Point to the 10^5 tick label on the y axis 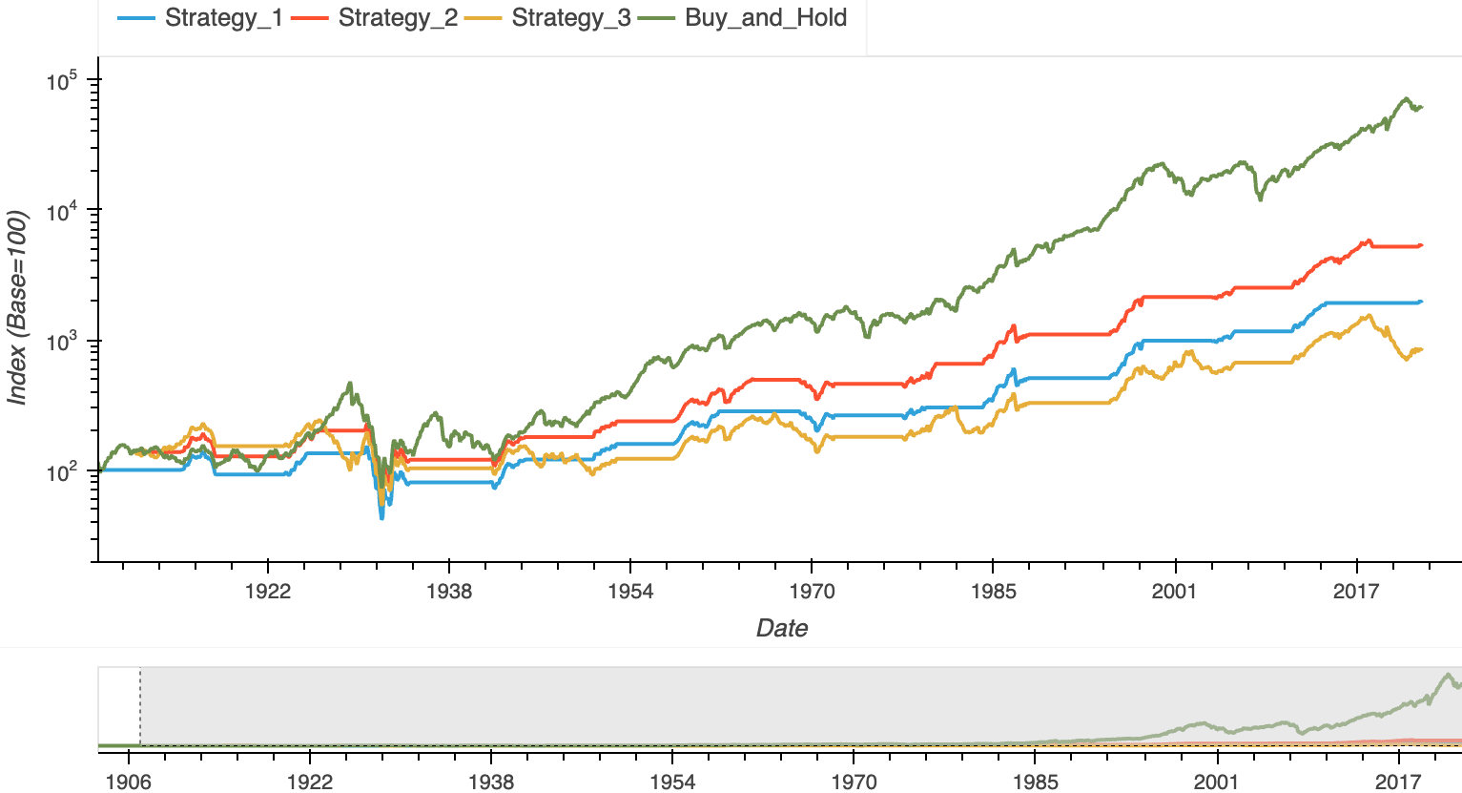click(x=61, y=81)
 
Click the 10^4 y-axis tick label click(x=61, y=211)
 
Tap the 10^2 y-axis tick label click(x=61, y=472)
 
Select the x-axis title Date click(x=782, y=628)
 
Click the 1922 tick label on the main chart click(x=267, y=592)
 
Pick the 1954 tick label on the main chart click(x=630, y=592)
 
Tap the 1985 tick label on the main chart click(x=993, y=592)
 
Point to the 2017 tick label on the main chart click(x=1356, y=592)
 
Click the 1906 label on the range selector click(x=128, y=783)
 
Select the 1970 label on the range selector click(x=854, y=783)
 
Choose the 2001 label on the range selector click(x=1217, y=783)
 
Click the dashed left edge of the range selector click(x=140, y=706)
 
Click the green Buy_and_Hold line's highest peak click(x=1405, y=98)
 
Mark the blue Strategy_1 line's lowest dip click(x=381, y=517)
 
